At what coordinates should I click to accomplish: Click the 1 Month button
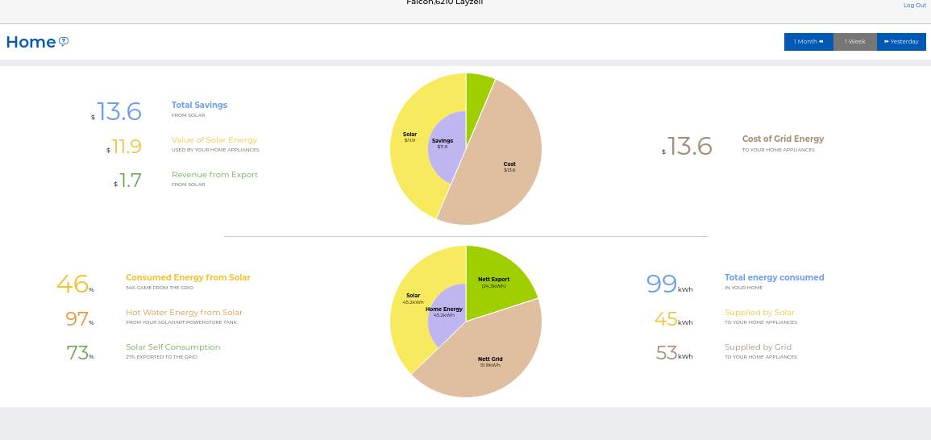[x=808, y=42]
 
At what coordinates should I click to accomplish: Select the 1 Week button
[x=854, y=42]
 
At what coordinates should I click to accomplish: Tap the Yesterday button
[x=901, y=42]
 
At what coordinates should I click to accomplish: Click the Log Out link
[x=914, y=5]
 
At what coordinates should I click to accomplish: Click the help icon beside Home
[x=64, y=42]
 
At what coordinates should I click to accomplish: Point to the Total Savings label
[x=199, y=105]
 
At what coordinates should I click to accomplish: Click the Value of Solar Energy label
[x=214, y=140]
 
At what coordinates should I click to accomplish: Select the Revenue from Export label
[x=214, y=174]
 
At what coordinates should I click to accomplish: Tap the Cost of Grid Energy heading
[x=783, y=139]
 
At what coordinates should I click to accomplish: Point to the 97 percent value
[x=77, y=319]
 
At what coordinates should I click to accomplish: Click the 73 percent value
[x=77, y=353]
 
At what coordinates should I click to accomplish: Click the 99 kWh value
[x=662, y=284]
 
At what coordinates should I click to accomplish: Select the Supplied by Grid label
[x=758, y=347]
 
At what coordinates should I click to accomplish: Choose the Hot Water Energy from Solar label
[x=184, y=313]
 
